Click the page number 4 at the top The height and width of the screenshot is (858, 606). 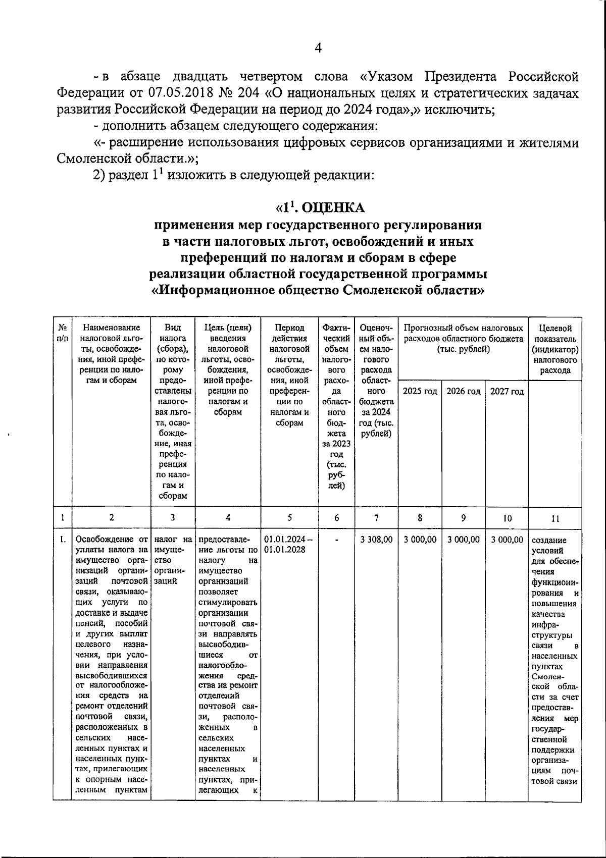pyautogui.click(x=318, y=48)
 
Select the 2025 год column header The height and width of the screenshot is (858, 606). pyautogui.click(x=420, y=392)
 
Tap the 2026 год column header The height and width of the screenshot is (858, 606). pyautogui.click(x=463, y=392)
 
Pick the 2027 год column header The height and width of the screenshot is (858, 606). pyautogui.click(x=507, y=392)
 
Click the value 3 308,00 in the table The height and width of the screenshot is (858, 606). pyautogui.click(x=376, y=540)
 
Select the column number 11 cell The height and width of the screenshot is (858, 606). pyautogui.click(x=553, y=518)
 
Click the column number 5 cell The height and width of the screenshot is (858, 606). pyautogui.click(x=289, y=517)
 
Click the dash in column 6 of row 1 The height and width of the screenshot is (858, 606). pyautogui.click(x=336, y=540)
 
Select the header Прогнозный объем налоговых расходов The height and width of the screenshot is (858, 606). pyautogui.click(x=463, y=339)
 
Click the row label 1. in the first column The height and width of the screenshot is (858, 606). pyautogui.click(x=62, y=540)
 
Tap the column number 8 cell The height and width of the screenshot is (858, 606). pyautogui.click(x=420, y=517)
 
